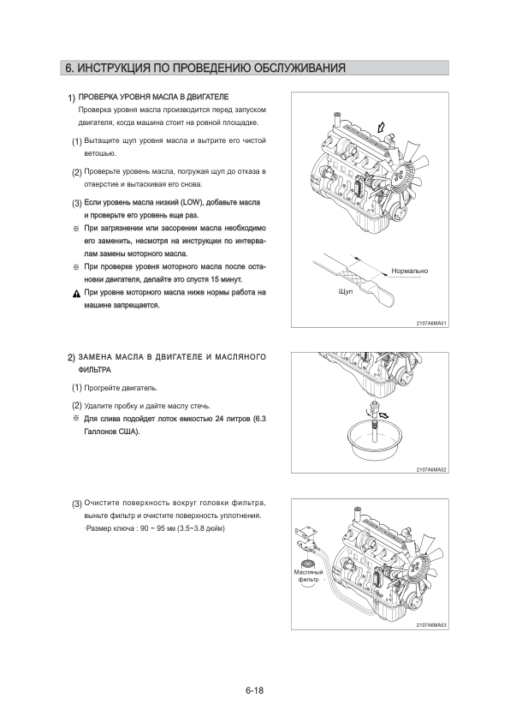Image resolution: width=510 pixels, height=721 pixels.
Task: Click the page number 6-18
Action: click(x=254, y=690)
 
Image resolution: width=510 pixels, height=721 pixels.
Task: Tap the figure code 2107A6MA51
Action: click(x=431, y=324)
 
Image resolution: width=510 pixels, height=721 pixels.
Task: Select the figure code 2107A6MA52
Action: click(x=431, y=469)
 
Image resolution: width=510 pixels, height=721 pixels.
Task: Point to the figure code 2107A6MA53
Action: click(x=431, y=625)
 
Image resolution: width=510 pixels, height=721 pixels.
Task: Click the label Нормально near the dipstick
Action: click(x=409, y=271)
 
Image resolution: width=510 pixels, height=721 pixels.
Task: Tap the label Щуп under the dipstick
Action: click(x=346, y=292)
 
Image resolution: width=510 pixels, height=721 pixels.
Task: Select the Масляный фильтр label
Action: click(x=308, y=575)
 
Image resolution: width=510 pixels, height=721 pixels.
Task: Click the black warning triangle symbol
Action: click(x=76, y=294)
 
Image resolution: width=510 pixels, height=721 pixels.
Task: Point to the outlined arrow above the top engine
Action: click(x=380, y=127)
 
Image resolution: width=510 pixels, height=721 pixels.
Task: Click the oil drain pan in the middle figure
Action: click(x=374, y=442)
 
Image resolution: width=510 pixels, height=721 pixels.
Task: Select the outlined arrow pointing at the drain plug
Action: click(x=382, y=414)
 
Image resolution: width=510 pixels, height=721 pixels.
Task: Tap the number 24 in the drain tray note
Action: click(x=219, y=419)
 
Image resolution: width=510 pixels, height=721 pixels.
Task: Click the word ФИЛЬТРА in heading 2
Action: click(x=95, y=370)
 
